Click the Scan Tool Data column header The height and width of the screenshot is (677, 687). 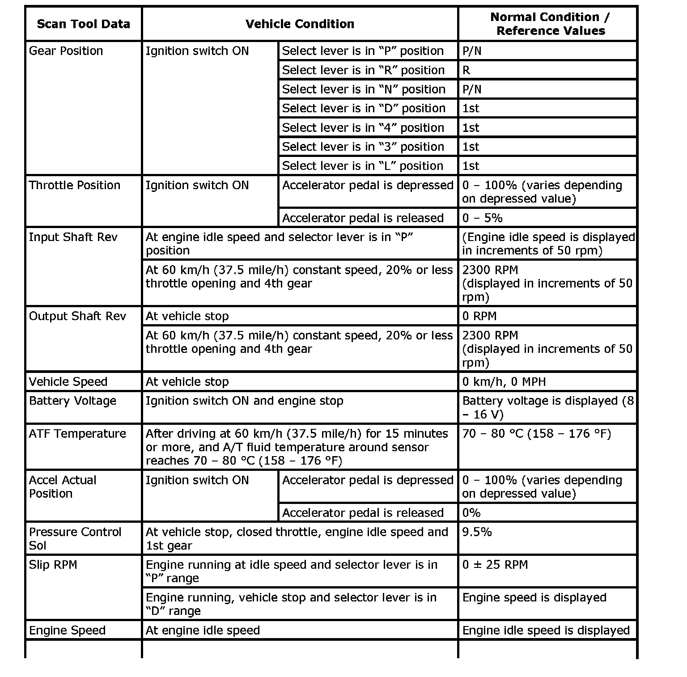(83, 24)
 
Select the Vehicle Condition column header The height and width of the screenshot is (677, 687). (300, 24)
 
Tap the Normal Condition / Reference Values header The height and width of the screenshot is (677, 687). (550, 24)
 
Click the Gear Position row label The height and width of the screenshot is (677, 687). (66, 51)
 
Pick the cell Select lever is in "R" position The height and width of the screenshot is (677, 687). (363, 70)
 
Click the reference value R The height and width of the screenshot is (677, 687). (466, 70)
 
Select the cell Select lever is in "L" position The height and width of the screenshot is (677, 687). (362, 166)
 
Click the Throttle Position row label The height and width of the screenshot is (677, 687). (74, 185)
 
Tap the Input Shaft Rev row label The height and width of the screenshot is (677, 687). (73, 237)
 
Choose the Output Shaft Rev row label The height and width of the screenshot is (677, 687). (77, 316)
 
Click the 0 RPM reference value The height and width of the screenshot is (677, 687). (479, 316)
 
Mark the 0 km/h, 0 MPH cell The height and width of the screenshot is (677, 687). (504, 382)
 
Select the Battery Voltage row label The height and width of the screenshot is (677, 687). (72, 401)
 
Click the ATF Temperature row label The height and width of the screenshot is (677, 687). (77, 434)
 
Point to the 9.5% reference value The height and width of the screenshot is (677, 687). (477, 532)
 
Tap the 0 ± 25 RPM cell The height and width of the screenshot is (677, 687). (495, 565)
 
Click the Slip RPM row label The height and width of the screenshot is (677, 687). (53, 565)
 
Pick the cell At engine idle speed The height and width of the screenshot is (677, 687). (203, 630)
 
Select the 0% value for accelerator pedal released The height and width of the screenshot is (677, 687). (471, 513)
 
